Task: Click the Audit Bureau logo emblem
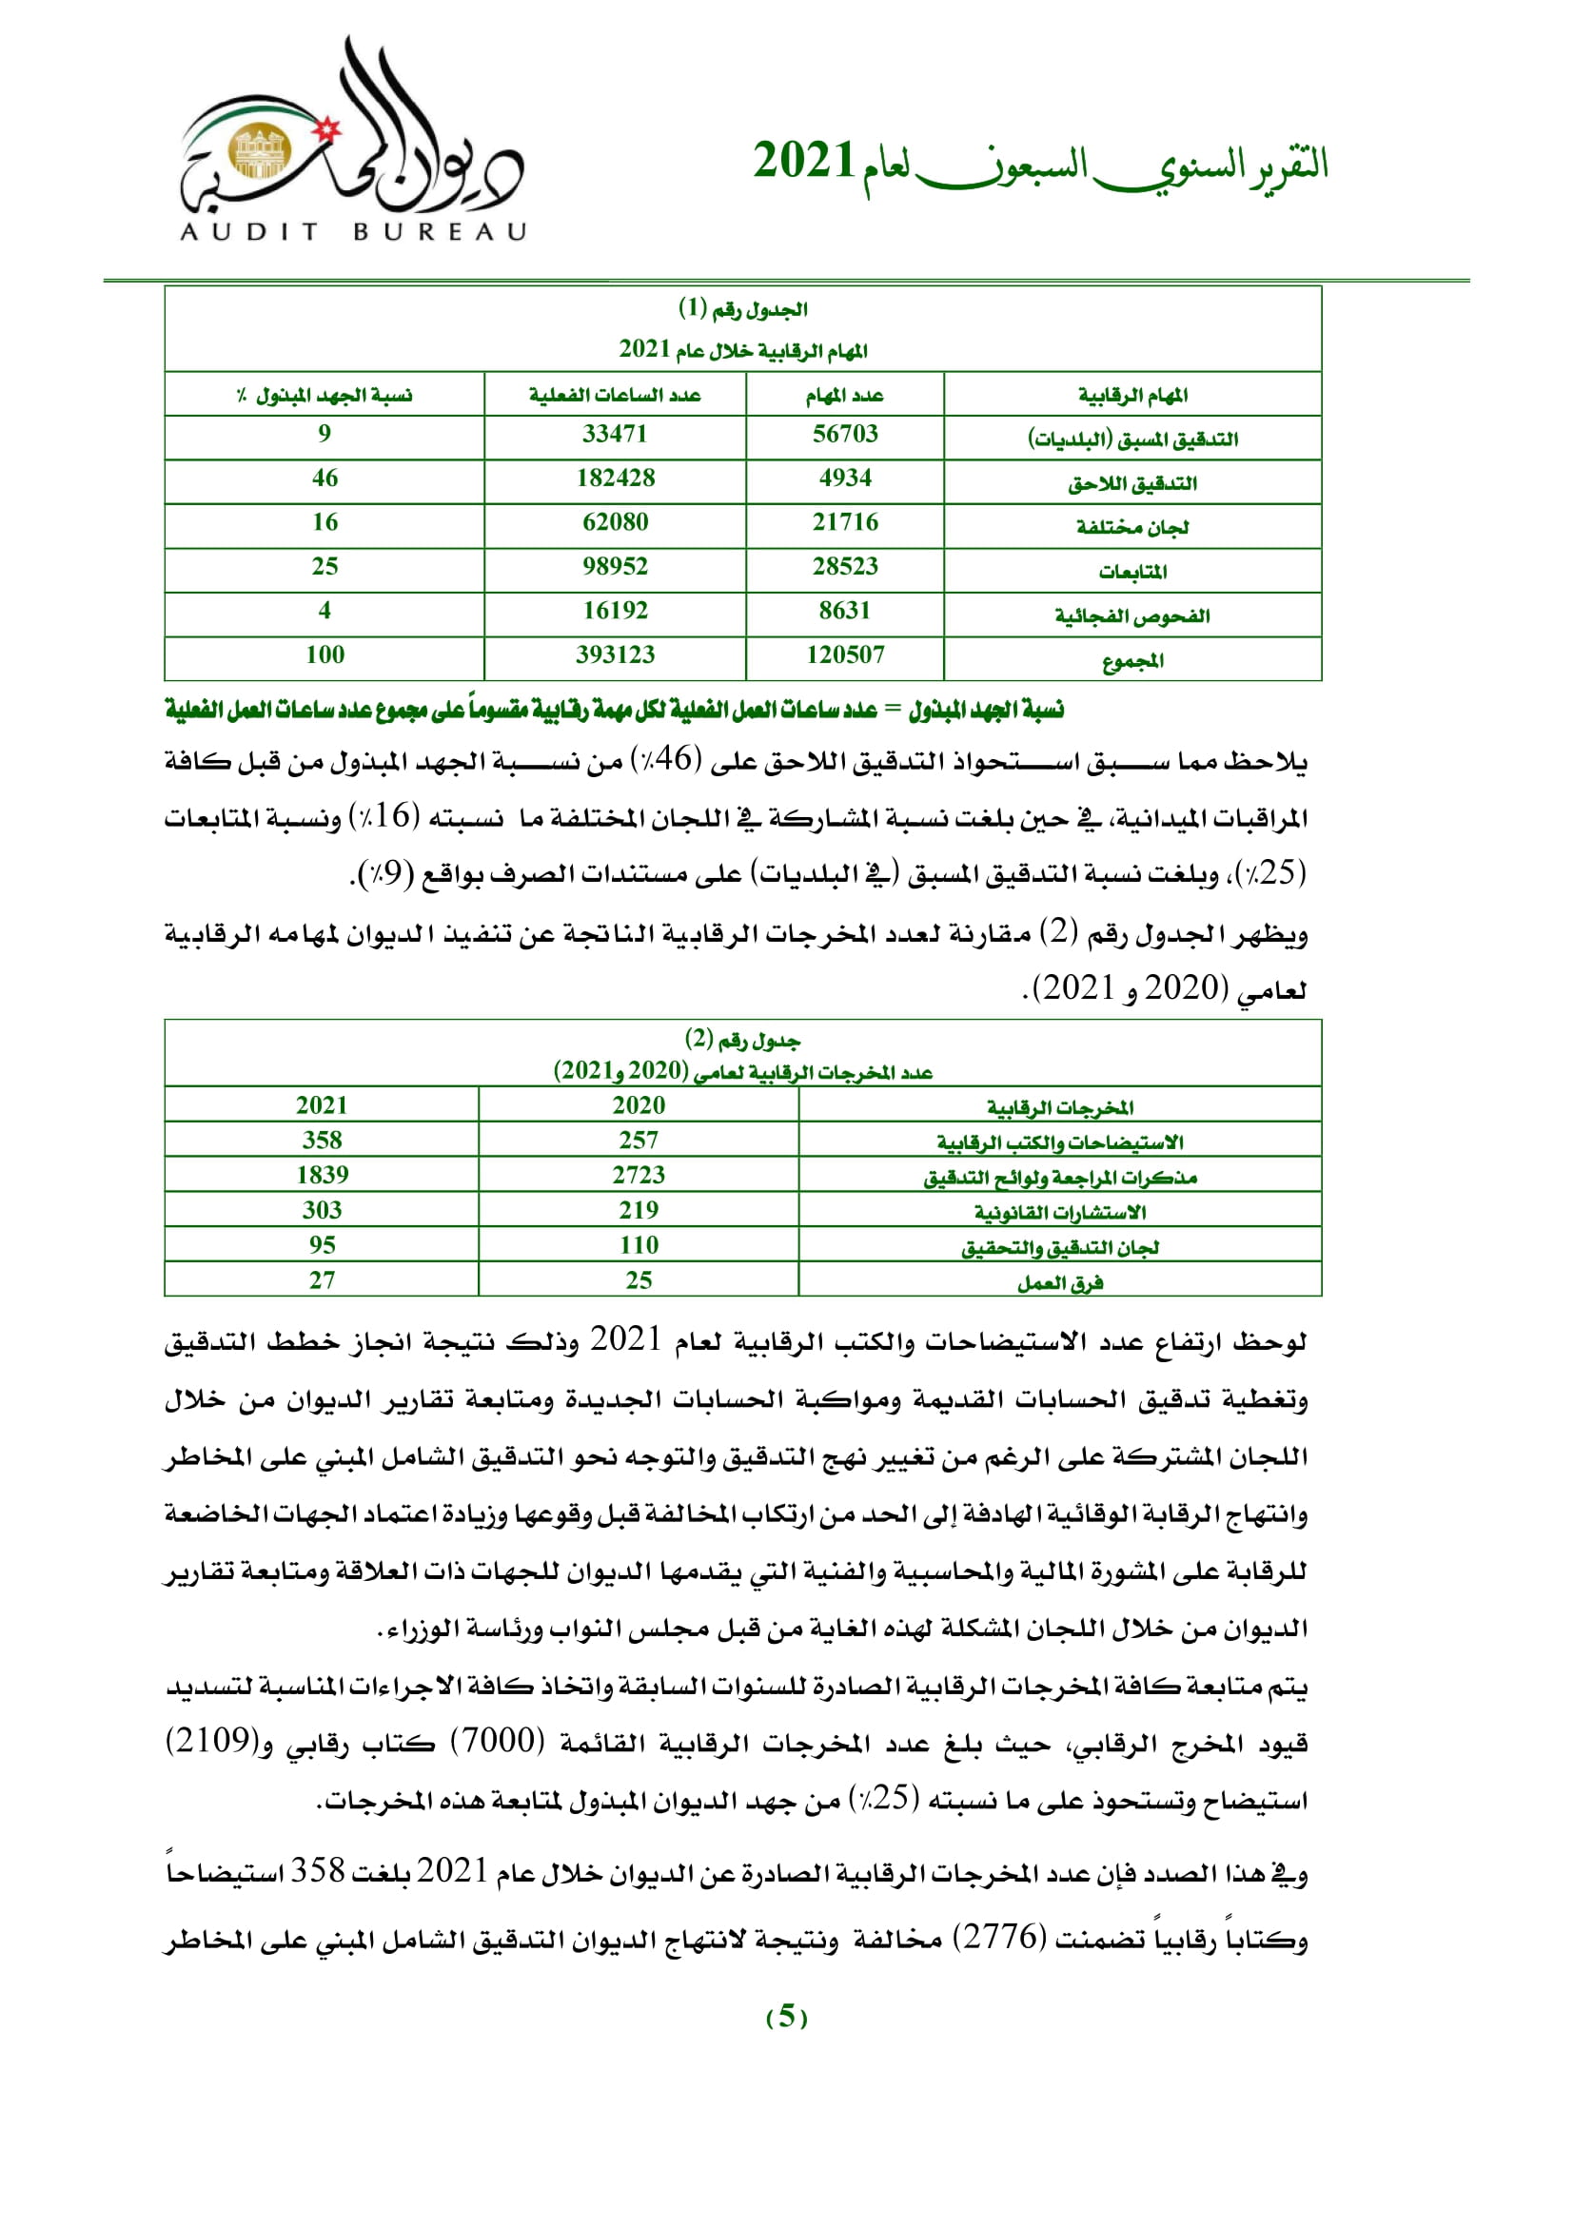258,151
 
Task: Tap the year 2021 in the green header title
803,161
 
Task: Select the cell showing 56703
844,434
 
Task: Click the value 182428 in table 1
616,478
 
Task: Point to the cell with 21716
844,522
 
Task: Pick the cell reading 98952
616,566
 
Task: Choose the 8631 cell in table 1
844,611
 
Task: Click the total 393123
616,655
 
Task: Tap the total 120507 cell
844,655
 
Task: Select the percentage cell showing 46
325,478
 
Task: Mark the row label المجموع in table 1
1132,661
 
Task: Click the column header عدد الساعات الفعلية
616,396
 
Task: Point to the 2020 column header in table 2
639,1105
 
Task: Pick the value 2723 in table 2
639,1176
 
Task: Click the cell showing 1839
322,1176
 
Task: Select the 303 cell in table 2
322,1210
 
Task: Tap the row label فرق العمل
1059,1283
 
